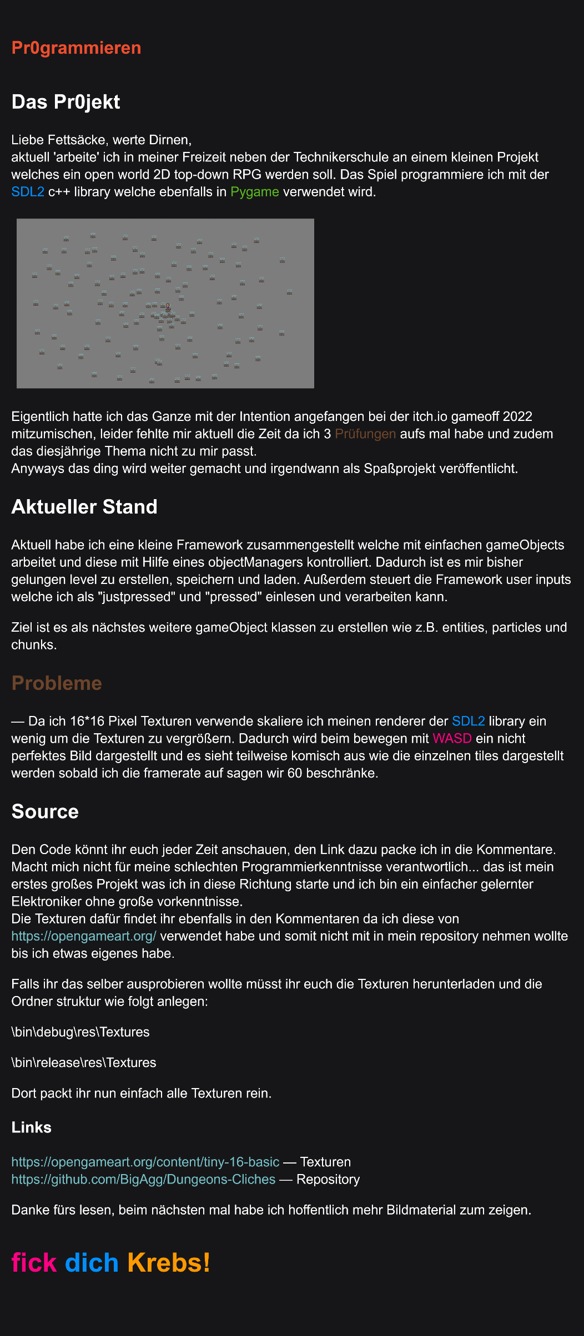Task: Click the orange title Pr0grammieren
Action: (x=76, y=48)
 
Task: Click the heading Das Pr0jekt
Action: (x=66, y=102)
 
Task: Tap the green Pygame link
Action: (x=255, y=192)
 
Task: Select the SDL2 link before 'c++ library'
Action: (x=28, y=192)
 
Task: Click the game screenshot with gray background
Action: (x=165, y=303)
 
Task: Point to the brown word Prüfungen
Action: (x=365, y=434)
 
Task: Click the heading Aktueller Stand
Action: (x=84, y=507)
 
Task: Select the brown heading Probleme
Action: (x=57, y=683)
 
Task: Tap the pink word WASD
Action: (x=452, y=738)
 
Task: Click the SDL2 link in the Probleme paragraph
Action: (x=469, y=721)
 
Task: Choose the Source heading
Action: (x=45, y=811)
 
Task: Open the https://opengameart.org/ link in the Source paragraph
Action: (x=84, y=936)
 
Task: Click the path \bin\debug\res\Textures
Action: (x=80, y=1032)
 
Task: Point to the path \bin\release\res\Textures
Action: (x=84, y=1063)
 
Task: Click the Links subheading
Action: (x=31, y=1127)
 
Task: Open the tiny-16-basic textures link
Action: (x=145, y=1162)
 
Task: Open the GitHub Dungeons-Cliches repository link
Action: (x=143, y=1179)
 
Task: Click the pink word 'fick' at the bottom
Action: (x=34, y=1262)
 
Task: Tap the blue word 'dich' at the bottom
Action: (x=92, y=1262)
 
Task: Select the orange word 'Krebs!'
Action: (x=169, y=1262)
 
